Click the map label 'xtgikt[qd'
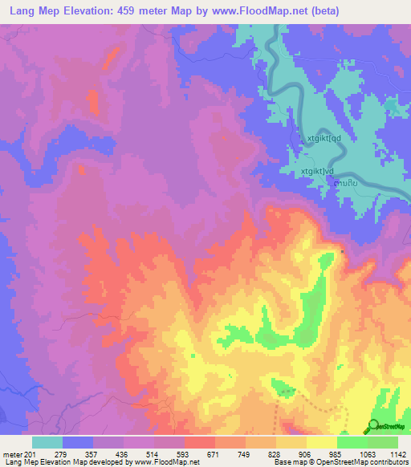[324, 138]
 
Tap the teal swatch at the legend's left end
[47, 442]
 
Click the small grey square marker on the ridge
[343, 251]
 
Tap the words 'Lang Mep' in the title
[31, 11]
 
